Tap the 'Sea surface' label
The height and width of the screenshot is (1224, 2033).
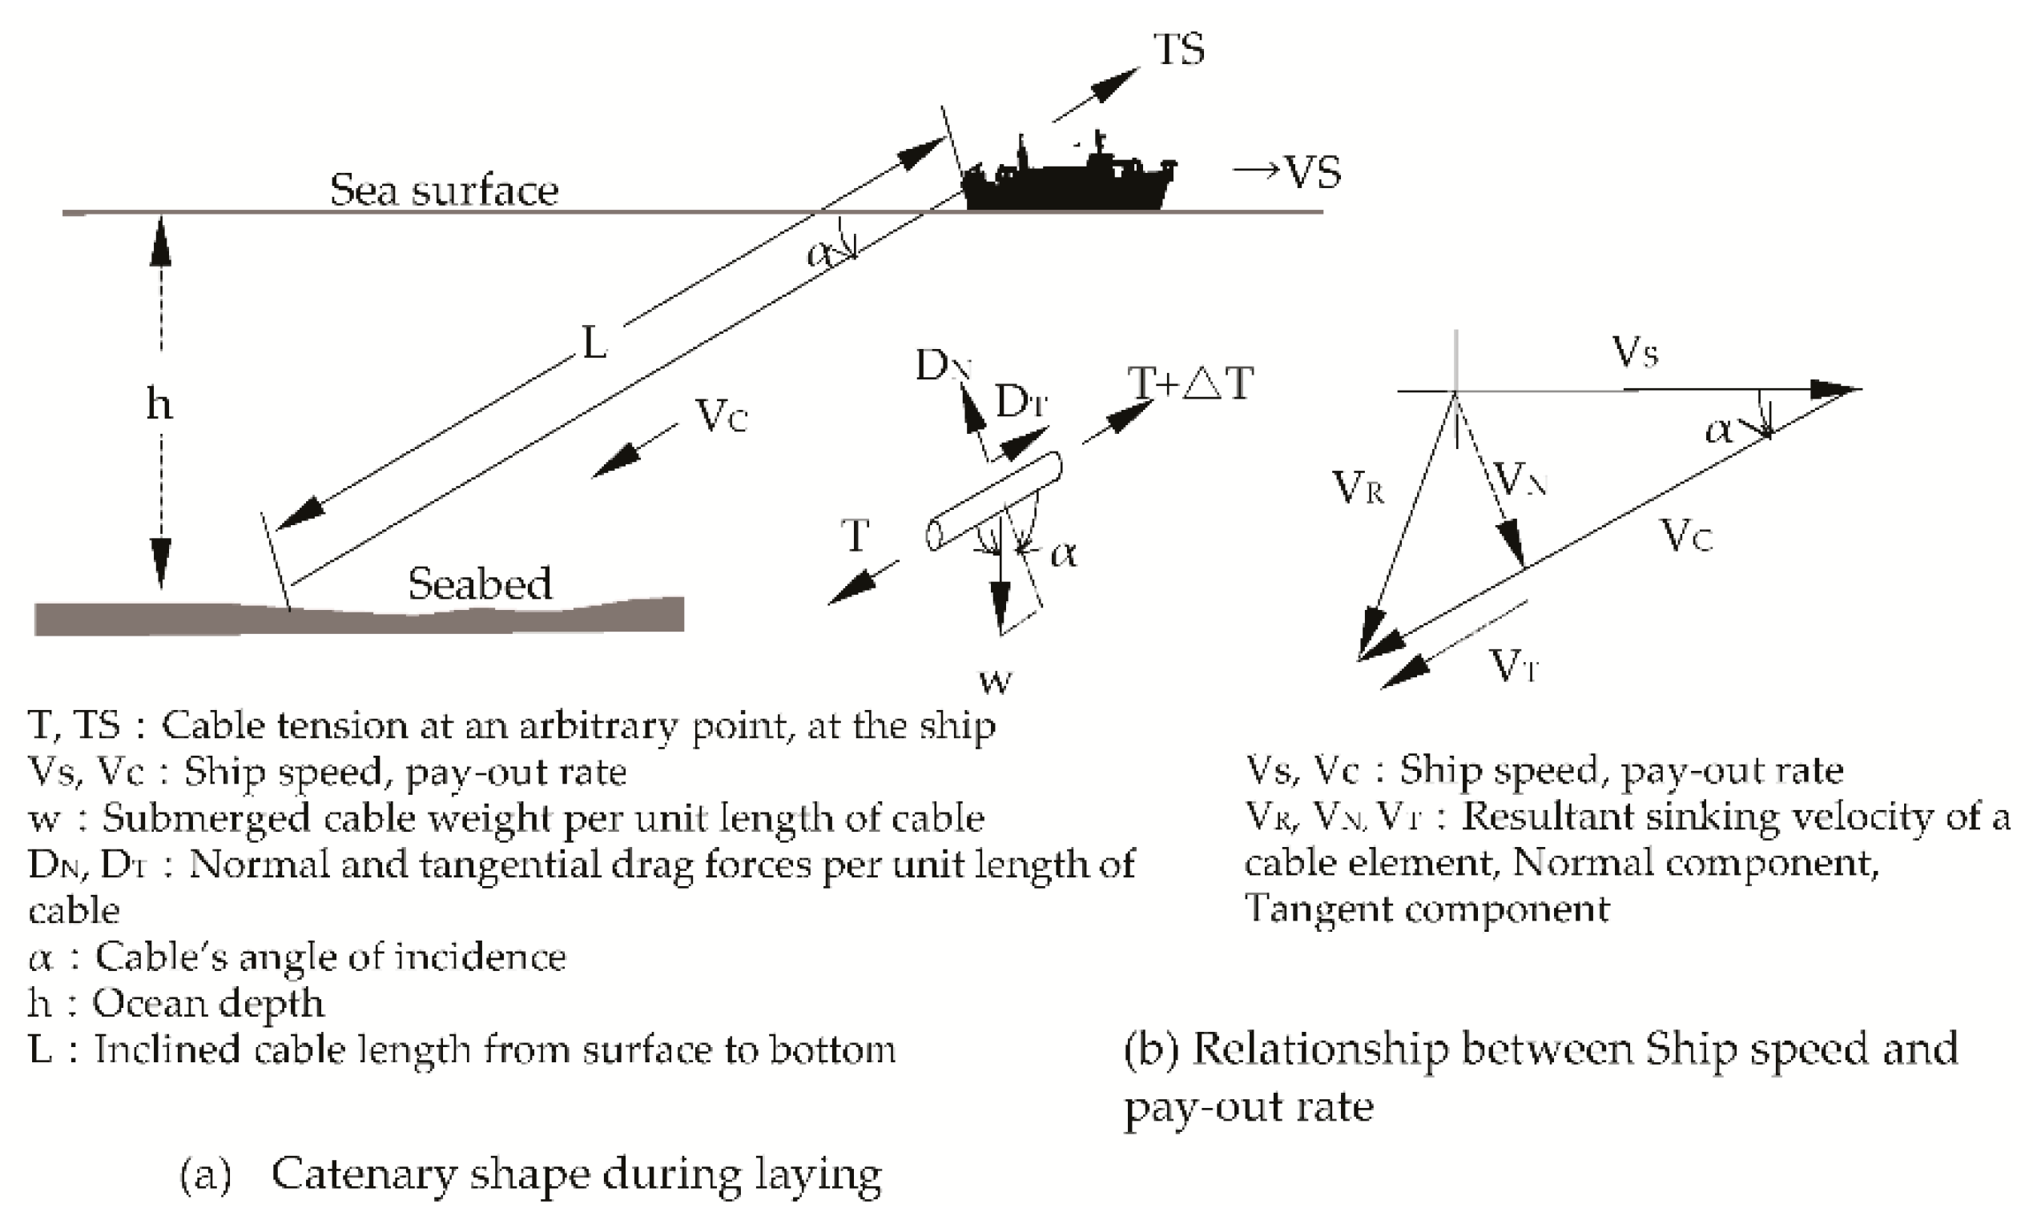(444, 191)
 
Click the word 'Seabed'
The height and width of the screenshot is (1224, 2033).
(479, 584)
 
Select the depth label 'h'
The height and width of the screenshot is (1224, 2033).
(159, 404)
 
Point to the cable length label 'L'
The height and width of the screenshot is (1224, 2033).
(594, 343)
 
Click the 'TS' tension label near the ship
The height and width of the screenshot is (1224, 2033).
(1178, 50)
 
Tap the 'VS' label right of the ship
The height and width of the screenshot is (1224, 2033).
(1312, 172)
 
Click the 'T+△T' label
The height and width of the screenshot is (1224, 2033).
(1190, 383)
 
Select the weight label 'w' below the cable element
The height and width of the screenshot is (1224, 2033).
(995, 681)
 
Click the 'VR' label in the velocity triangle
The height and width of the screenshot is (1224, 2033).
(1357, 488)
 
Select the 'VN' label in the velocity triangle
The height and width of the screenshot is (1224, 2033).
(1519, 480)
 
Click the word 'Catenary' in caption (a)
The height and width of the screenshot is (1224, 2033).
(363, 1174)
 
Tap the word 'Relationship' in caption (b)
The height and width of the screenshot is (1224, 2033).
(1320, 1050)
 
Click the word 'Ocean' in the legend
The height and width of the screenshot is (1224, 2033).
(147, 1004)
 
